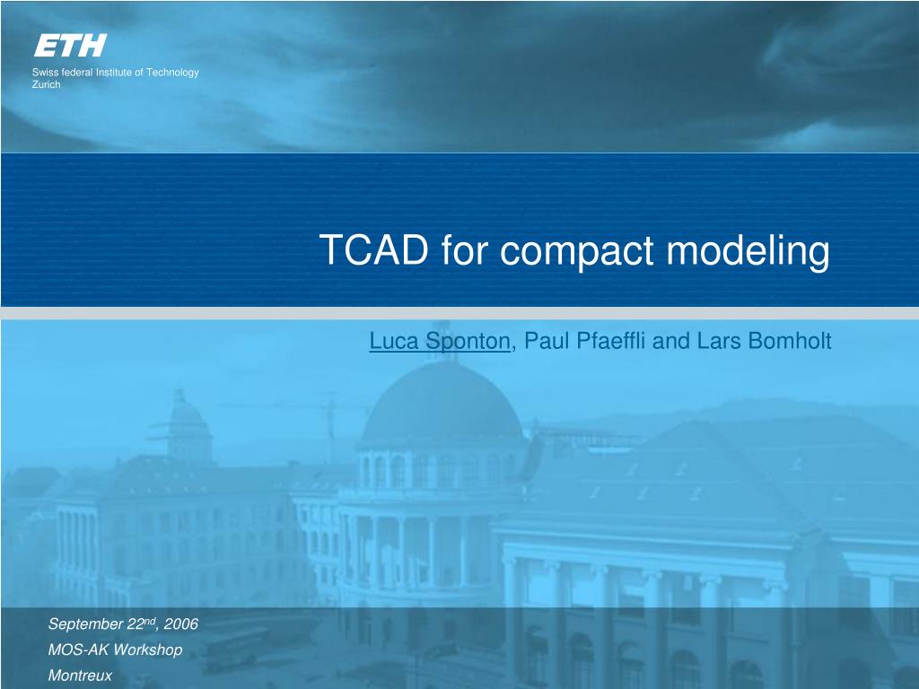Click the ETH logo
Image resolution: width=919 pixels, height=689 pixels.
(70, 45)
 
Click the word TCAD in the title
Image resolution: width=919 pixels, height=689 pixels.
(374, 249)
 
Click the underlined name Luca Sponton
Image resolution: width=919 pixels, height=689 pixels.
(440, 341)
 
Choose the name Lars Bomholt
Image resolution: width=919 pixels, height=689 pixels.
(765, 340)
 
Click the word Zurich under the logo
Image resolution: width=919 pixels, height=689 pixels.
(47, 84)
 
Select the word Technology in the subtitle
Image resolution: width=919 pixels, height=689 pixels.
(172, 73)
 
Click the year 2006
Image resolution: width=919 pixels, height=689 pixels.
(181, 624)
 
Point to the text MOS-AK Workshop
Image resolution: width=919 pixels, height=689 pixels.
(116, 650)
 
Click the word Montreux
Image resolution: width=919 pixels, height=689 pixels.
(80, 676)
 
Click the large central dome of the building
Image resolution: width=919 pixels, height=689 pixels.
(441, 406)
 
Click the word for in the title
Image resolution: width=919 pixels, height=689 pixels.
(464, 249)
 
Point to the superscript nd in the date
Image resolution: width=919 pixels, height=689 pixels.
(150, 621)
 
